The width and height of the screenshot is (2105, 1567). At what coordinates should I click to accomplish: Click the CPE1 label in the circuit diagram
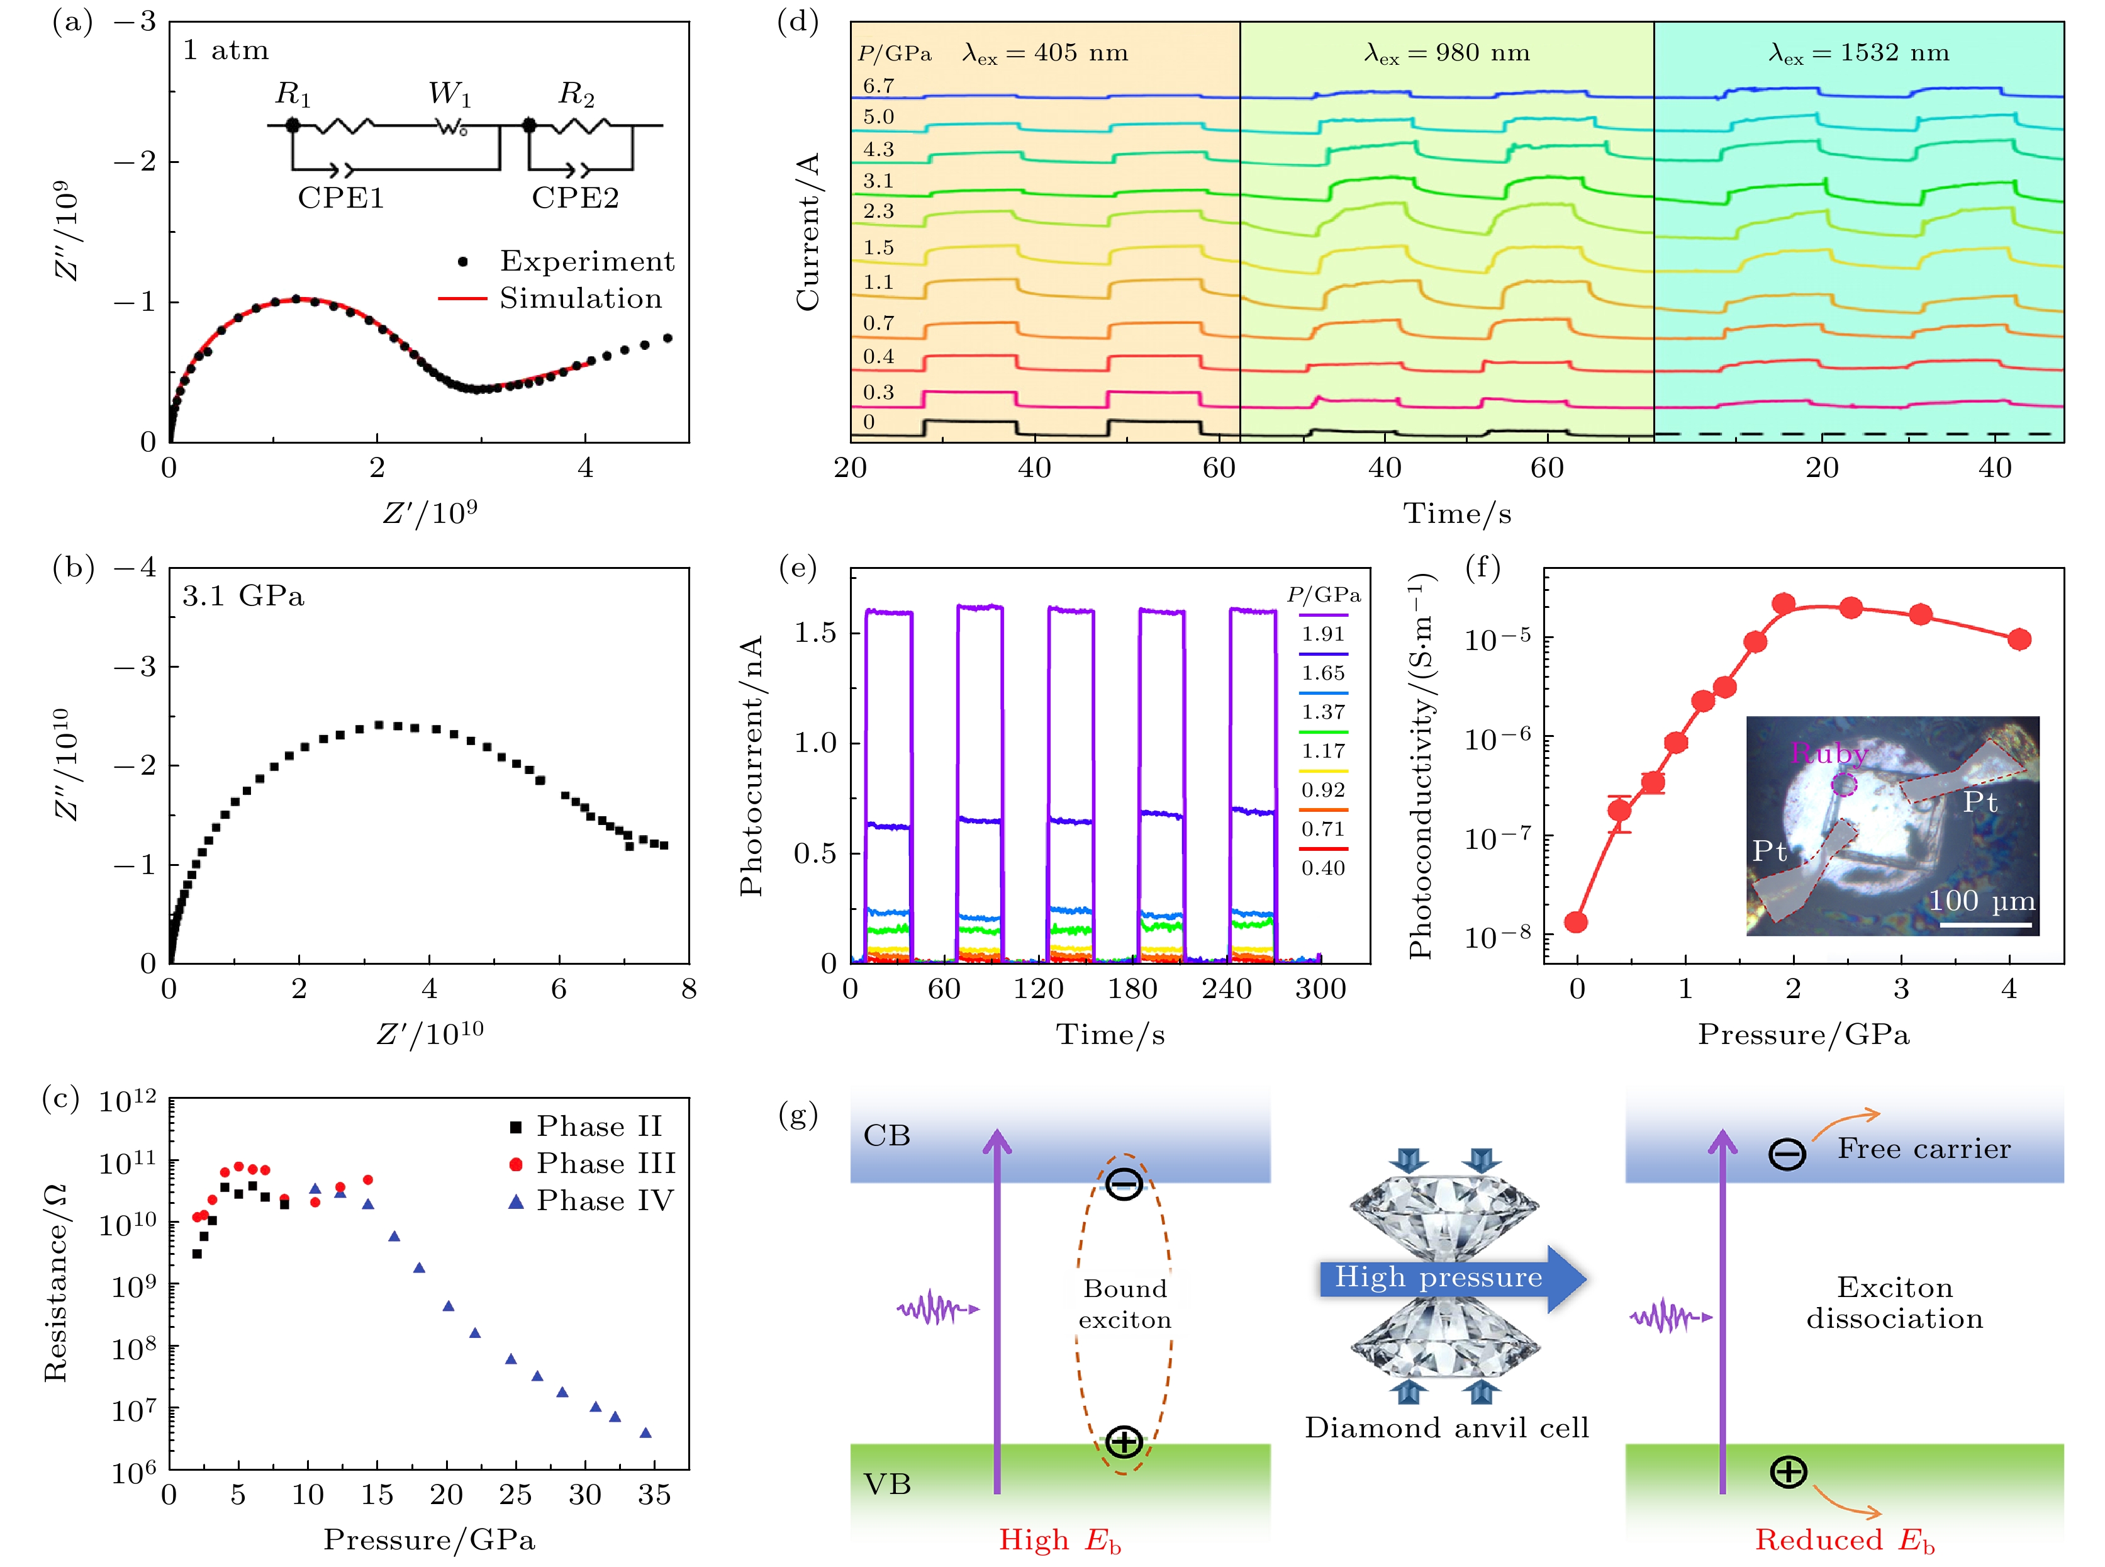click(340, 198)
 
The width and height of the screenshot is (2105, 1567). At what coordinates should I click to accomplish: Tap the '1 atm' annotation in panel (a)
click(226, 50)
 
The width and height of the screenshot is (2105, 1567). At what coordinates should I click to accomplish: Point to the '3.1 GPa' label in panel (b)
click(243, 596)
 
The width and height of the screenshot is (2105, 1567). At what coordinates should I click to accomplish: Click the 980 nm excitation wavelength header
click(1447, 53)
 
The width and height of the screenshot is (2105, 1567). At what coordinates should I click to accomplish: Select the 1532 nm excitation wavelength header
click(1858, 53)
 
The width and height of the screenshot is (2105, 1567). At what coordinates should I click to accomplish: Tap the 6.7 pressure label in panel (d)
click(878, 86)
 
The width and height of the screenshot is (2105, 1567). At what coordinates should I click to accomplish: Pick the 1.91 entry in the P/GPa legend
click(1323, 634)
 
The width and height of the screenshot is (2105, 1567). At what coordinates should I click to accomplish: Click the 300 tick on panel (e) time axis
click(1320, 989)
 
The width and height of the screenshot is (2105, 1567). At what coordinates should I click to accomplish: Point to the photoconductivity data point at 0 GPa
click(1576, 922)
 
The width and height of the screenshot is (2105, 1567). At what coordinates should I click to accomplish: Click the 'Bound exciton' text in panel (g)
click(1125, 1304)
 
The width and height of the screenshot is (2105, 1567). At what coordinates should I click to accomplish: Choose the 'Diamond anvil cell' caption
click(1446, 1427)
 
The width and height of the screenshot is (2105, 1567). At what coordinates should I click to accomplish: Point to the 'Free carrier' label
click(1923, 1149)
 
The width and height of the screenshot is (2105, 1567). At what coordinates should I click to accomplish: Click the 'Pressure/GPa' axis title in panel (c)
click(428, 1539)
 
